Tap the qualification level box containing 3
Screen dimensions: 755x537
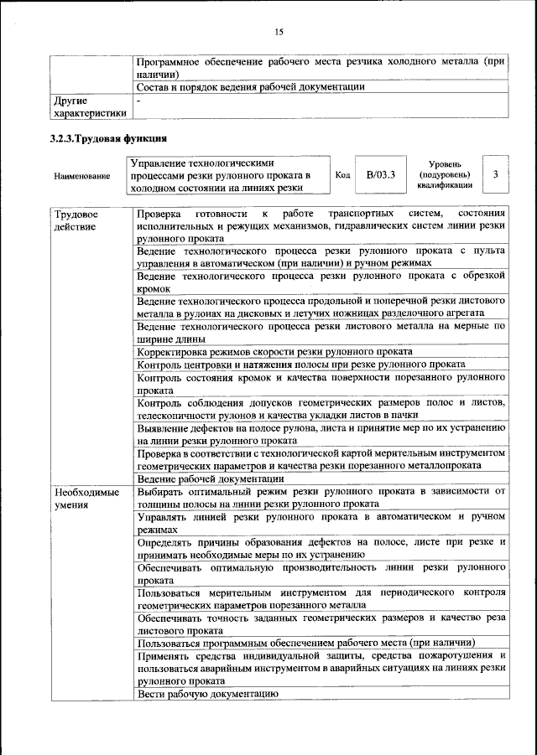coord(497,174)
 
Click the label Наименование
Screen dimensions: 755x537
coord(81,176)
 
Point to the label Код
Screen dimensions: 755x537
coord(342,175)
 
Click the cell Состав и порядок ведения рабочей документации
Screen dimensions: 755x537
coord(250,86)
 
